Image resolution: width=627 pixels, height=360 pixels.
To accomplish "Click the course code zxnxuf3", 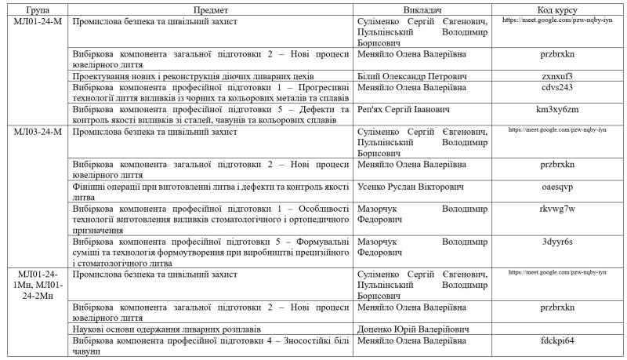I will tap(557, 76).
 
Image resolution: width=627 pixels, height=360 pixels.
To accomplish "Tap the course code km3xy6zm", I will tap(557, 109).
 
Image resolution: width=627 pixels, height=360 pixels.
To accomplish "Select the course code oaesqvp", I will tap(557, 187).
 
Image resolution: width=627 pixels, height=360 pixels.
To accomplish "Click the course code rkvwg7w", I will tap(557, 209).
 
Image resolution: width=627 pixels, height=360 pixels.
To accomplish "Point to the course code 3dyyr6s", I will tap(557, 242).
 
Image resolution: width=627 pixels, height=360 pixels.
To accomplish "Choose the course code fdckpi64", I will tap(557, 340).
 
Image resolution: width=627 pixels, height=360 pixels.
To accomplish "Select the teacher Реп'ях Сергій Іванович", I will tap(404, 109).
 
